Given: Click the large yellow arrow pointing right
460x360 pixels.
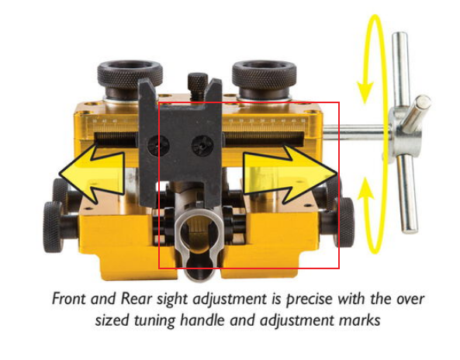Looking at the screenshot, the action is [290, 174].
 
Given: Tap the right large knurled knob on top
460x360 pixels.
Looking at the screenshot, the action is [264, 78].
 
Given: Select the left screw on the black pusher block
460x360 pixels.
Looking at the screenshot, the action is [154, 145].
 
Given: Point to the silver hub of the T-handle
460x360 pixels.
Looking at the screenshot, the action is [405, 133].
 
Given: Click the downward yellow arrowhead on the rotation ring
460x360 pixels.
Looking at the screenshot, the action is [365, 91].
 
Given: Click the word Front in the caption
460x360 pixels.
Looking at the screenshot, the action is [70, 299].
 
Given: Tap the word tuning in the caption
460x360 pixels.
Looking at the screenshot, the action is [154, 320].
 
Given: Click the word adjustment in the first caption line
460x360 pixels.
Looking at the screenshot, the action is [230, 299].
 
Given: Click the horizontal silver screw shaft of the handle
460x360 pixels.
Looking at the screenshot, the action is [356, 132].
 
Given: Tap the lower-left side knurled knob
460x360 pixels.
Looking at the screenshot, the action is [53, 227].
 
